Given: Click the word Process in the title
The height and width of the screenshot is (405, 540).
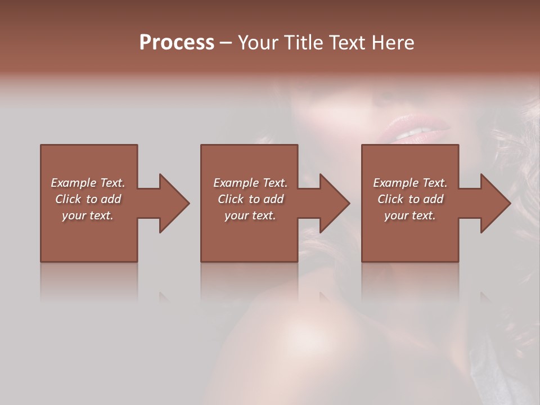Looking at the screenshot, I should tap(177, 43).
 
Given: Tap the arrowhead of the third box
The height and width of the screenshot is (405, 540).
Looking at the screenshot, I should tap(495, 203).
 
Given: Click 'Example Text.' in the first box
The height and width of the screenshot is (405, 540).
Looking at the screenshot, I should tap(88, 183).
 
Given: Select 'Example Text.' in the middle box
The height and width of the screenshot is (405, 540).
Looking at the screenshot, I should tap(250, 183).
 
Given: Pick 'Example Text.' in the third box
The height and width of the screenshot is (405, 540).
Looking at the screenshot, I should tap(410, 183).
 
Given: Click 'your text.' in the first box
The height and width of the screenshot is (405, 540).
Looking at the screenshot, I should tap(88, 215).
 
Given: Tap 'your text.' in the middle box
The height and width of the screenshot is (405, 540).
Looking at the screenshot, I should tap(250, 215).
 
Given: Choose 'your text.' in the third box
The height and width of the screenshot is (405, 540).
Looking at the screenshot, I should tap(410, 215).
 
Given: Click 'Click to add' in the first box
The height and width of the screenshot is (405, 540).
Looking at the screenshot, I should tap(88, 199).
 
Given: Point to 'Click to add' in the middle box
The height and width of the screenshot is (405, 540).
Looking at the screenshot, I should tap(250, 199).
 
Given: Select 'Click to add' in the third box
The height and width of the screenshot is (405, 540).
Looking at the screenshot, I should tap(410, 199).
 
